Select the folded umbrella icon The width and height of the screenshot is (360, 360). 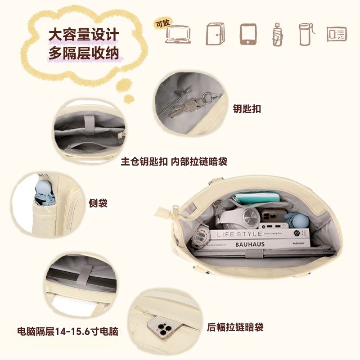click(278, 34)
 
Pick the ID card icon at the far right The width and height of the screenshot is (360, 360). click(337, 34)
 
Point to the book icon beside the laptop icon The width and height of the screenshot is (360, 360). click(215, 34)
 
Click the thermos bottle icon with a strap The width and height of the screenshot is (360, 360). click(306, 33)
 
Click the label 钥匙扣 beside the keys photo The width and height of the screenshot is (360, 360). click(247, 108)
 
